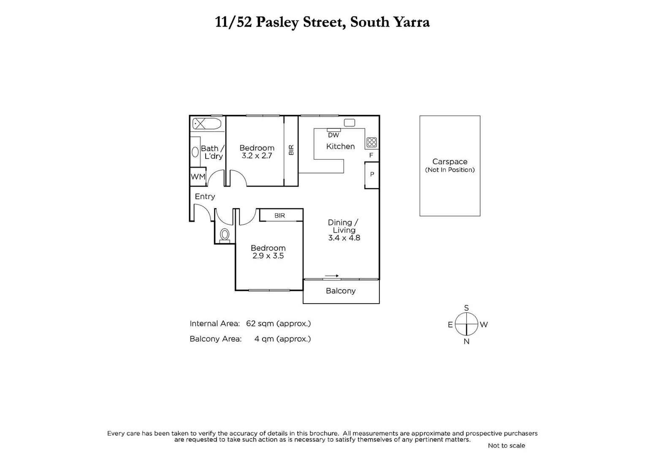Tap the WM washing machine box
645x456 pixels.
tap(198, 177)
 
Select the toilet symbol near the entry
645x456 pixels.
tap(225, 235)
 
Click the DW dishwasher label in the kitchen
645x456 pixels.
tap(333, 135)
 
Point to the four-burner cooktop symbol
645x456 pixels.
tap(371, 142)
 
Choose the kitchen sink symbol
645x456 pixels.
tap(350, 123)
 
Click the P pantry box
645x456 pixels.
tap(372, 174)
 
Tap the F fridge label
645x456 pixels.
tap(371, 155)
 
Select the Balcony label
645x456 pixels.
tap(341, 291)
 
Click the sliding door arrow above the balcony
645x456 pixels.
tap(332, 276)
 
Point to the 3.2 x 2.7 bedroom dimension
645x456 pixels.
tap(257, 156)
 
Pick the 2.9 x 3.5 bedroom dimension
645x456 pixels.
tap(268, 256)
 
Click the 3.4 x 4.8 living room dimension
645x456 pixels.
tap(344, 238)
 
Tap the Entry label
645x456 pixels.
tap(205, 196)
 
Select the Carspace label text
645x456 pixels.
tap(450, 162)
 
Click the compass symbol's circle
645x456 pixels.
tap(466, 324)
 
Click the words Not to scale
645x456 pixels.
tap(506, 445)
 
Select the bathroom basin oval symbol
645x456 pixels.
tap(195, 152)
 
